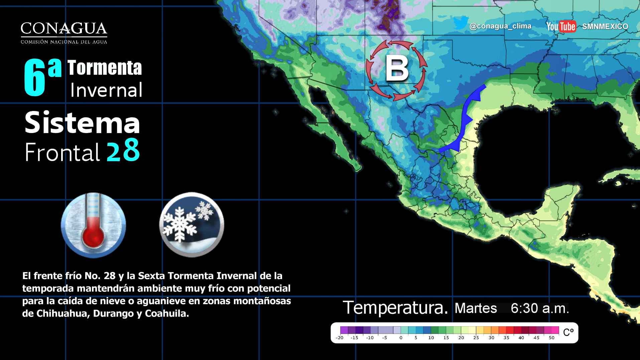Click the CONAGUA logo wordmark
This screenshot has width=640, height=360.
(x=64, y=29)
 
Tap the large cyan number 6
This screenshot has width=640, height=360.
(x=34, y=78)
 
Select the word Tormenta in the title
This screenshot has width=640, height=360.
(x=105, y=68)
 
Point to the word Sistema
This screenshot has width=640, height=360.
(x=82, y=123)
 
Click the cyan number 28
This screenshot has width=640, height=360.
(x=123, y=151)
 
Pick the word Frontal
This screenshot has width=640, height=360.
(x=62, y=152)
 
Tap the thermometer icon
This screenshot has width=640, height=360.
(x=93, y=225)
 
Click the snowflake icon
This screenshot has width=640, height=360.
(x=191, y=225)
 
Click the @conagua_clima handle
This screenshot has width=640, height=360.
(x=500, y=26)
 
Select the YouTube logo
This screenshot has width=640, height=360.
(x=561, y=26)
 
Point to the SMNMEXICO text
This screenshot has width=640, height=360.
(x=605, y=26)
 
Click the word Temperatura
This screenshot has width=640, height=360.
(x=395, y=308)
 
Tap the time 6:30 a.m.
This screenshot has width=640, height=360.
(x=539, y=308)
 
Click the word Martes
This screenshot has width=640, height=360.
(x=476, y=308)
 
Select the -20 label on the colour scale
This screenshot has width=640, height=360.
(x=340, y=338)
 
